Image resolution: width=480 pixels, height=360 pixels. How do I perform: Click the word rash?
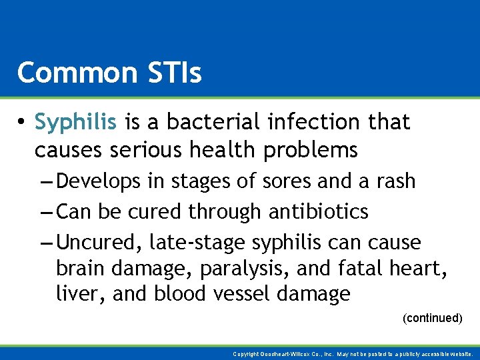point(394,181)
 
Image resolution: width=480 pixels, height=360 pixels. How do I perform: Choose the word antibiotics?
point(319,212)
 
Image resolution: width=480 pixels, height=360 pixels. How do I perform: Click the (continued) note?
point(433,318)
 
